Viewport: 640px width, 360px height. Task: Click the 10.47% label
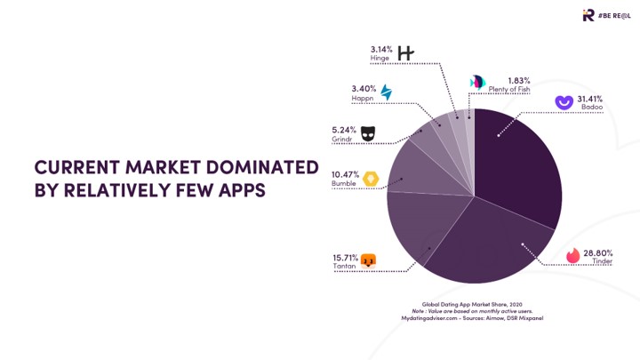[x=343, y=175]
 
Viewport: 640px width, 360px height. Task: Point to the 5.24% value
[x=343, y=128]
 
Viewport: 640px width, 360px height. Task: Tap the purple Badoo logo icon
[x=563, y=101]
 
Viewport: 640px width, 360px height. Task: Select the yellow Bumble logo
[x=369, y=179]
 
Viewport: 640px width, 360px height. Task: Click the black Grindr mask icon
[x=367, y=132]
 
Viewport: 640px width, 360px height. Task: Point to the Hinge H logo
[x=405, y=53]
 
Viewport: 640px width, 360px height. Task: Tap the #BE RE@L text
[x=614, y=15]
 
